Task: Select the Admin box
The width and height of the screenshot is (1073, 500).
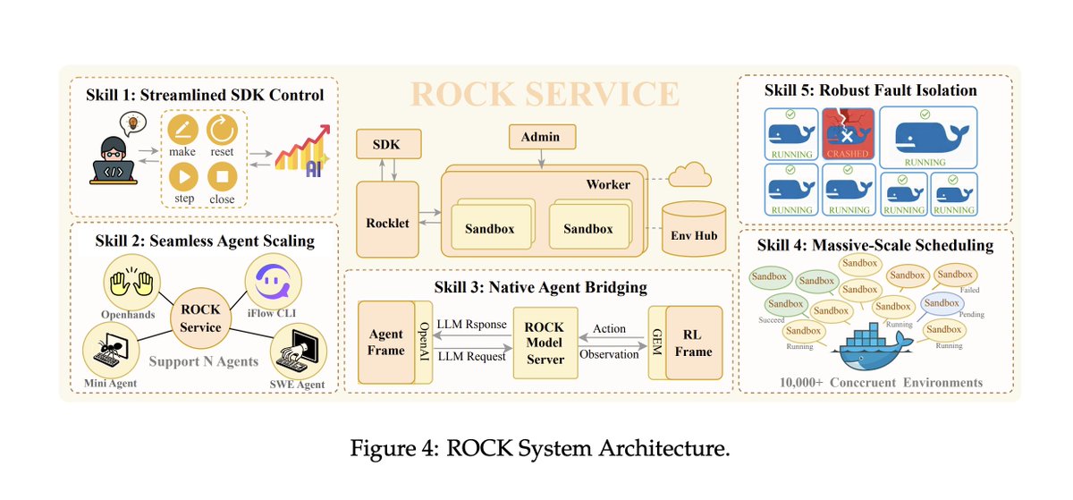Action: (x=542, y=137)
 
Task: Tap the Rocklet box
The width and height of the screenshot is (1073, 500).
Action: (x=387, y=223)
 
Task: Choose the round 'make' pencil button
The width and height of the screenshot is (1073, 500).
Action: (x=182, y=132)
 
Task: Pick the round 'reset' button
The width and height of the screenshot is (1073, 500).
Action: (x=222, y=132)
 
